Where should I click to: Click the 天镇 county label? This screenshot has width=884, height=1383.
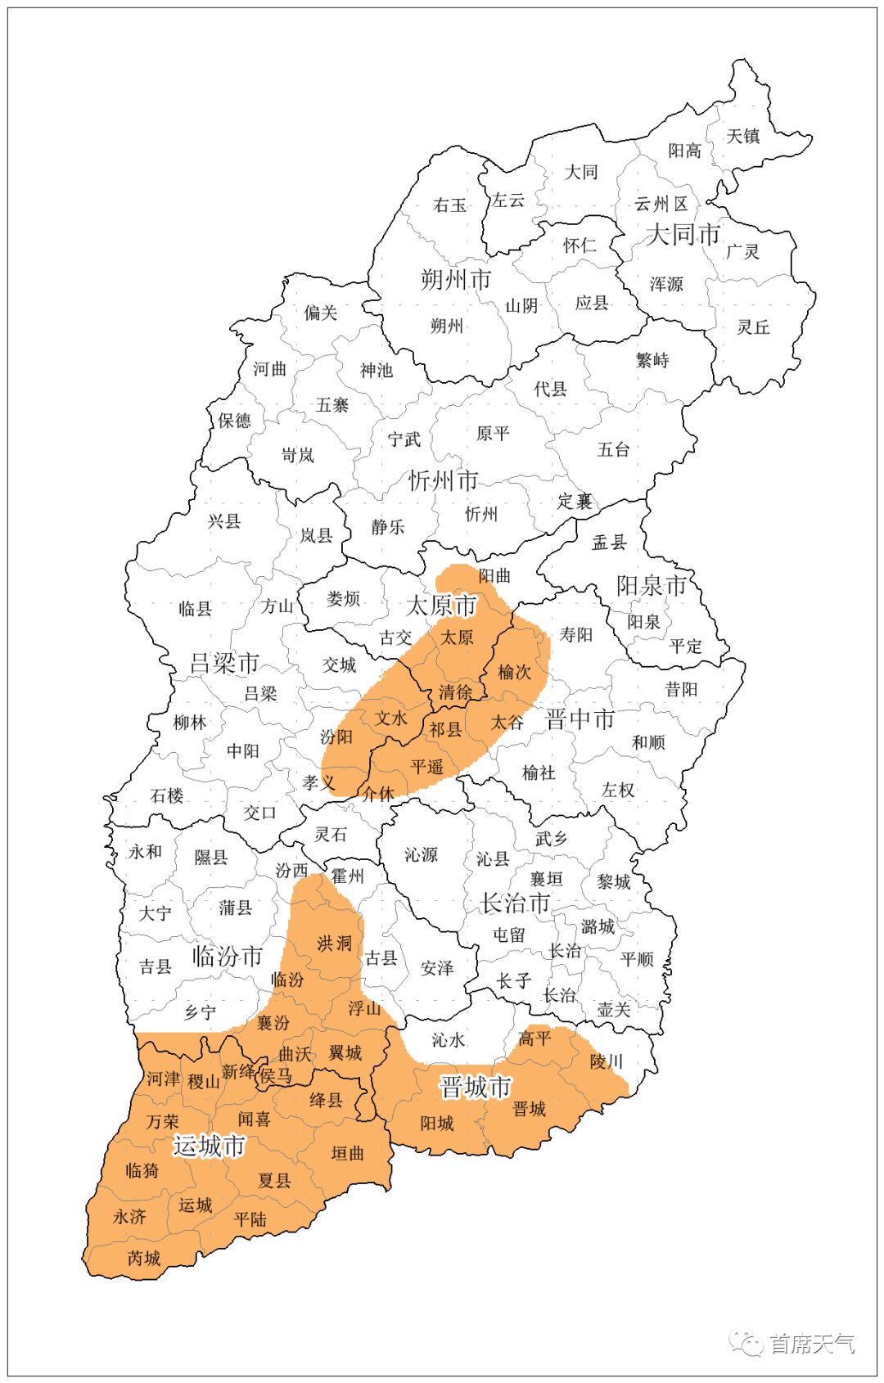(x=743, y=136)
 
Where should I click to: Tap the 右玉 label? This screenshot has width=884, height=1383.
(x=449, y=205)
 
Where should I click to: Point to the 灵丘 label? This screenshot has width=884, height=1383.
(x=753, y=327)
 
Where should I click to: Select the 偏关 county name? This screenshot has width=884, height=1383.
(x=320, y=313)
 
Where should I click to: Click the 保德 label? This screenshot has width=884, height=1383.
(x=234, y=421)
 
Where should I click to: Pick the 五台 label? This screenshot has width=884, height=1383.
(x=613, y=448)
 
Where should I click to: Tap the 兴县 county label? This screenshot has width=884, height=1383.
(x=223, y=521)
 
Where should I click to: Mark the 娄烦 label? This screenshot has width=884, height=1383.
(x=343, y=599)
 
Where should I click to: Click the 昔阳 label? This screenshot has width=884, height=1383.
(x=681, y=689)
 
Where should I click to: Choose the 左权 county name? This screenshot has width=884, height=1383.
(x=618, y=790)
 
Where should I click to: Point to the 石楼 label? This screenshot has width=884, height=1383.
(x=167, y=795)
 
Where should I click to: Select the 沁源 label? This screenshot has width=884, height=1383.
(x=421, y=855)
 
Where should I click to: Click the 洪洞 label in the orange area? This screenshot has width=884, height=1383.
(x=334, y=944)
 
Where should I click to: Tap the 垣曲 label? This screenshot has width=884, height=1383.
(x=347, y=1153)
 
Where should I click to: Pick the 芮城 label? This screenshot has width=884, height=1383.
(x=144, y=1258)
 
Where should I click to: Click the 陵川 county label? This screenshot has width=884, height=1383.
(x=607, y=1061)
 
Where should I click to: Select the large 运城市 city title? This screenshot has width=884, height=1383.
(x=210, y=1146)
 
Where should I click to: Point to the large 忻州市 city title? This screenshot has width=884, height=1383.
(x=443, y=480)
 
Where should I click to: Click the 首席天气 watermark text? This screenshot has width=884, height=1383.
(x=812, y=1343)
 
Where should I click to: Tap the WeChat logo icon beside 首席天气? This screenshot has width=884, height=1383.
(x=746, y=1343)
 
